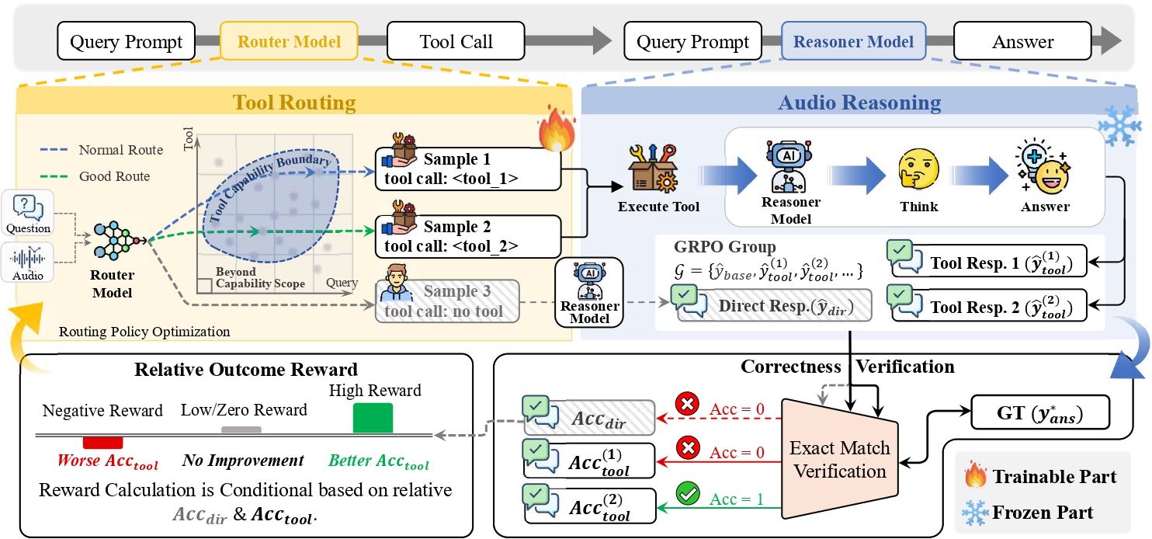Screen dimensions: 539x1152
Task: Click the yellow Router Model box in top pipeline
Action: tap(289, 41)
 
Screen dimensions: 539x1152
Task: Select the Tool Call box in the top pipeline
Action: tap(456, 41)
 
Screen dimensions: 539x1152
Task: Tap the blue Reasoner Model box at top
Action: tap(853, 41)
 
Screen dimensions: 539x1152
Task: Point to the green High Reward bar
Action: tap(373, 418)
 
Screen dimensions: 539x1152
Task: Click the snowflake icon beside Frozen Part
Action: tap(975, 512)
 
